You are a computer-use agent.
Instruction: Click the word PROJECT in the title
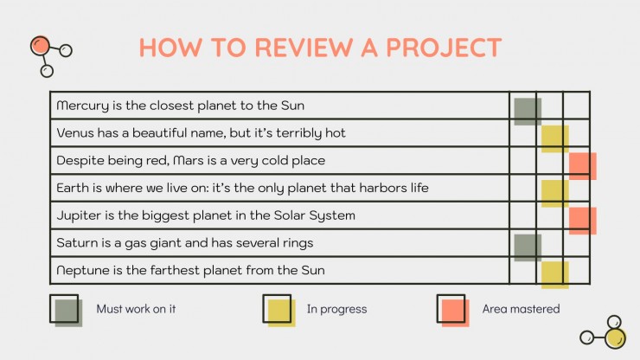click(x=444, y=48)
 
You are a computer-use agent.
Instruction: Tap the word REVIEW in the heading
click(x=304, y=48)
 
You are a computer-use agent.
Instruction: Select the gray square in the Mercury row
click(x=528, y=112)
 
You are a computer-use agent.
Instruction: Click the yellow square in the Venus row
click(x=555, y=139)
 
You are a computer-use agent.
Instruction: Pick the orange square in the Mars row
click(x=583, y=166)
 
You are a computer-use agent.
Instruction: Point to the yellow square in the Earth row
click(x=555, y=194)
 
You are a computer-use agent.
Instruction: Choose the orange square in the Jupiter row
click(x=583, y=221)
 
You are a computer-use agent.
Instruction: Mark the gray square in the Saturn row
click(x=528, y=248)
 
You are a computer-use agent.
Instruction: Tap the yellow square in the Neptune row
click(x=555, y=275)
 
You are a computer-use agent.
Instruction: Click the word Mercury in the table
click(x=83, y=106)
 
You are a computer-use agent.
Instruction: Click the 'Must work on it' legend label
click(x=136, y=309)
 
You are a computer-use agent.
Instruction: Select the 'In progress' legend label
click(x=336, y=309)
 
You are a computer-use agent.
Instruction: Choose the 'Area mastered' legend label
click(x=521, y=309)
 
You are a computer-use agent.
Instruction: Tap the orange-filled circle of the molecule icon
click(x=40, y=46)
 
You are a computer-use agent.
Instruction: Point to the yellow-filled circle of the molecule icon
click(x=615, y=338)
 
